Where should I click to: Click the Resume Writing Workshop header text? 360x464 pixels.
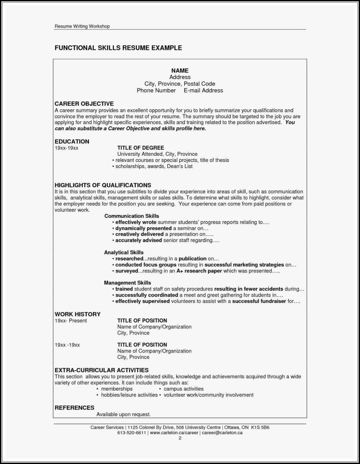pos(82,26)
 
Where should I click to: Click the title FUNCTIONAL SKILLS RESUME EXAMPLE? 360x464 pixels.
pos(118,48)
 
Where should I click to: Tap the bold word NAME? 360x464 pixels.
pos(180,70)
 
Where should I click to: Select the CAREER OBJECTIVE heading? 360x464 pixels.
pos(84,104)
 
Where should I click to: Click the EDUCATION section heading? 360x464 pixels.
pos(72,142)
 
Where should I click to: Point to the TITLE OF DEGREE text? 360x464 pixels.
pos(141,148)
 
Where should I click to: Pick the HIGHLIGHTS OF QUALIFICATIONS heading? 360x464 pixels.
pos(102,185)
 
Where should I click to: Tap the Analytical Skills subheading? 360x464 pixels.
pos(124,253)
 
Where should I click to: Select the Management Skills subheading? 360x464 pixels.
pos(128,283)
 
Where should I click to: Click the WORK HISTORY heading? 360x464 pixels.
pos(77,314)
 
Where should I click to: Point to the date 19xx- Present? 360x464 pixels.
pos(70,321)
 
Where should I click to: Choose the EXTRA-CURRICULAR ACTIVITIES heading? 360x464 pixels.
pos(102,370)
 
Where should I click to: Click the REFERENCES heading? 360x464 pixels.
pos(74,407)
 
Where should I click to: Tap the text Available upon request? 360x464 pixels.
pos(123,414)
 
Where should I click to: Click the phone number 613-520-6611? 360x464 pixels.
pos(132,433)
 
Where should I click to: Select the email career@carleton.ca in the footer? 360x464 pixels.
pos(222,433)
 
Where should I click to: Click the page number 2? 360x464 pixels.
pos(180,438)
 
